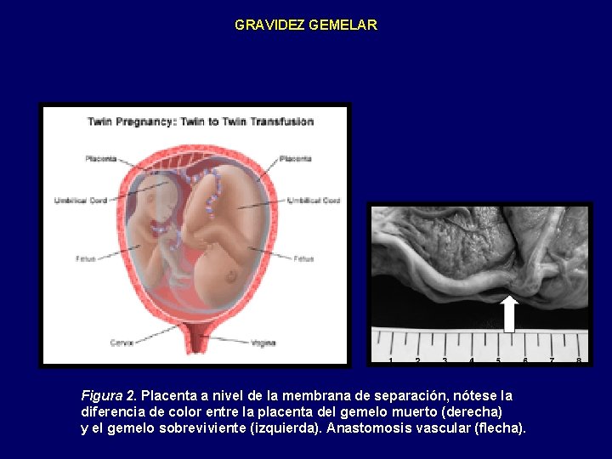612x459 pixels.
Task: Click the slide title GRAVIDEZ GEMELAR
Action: point(305,25)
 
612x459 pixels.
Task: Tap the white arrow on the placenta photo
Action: point(509,313)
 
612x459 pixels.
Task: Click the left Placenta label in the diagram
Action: point(100,159)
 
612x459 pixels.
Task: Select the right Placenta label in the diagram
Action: point(295,159)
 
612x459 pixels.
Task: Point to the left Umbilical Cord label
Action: point(82,201)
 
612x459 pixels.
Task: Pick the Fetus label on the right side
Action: point(303,258)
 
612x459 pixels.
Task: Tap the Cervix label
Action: point(121,343)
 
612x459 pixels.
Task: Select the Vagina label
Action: point(263,343)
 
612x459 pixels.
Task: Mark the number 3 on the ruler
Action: point(445,361)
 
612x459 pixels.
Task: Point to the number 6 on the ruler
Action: point(525,361)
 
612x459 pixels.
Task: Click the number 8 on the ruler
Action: point(579,361)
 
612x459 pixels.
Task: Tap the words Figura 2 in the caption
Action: point(109,396)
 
